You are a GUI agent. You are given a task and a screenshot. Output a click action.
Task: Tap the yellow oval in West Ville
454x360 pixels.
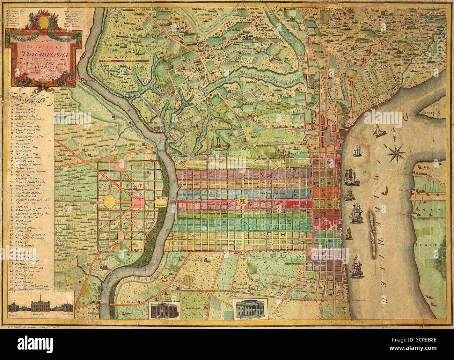pyautogui.click(x=111, y=202)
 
